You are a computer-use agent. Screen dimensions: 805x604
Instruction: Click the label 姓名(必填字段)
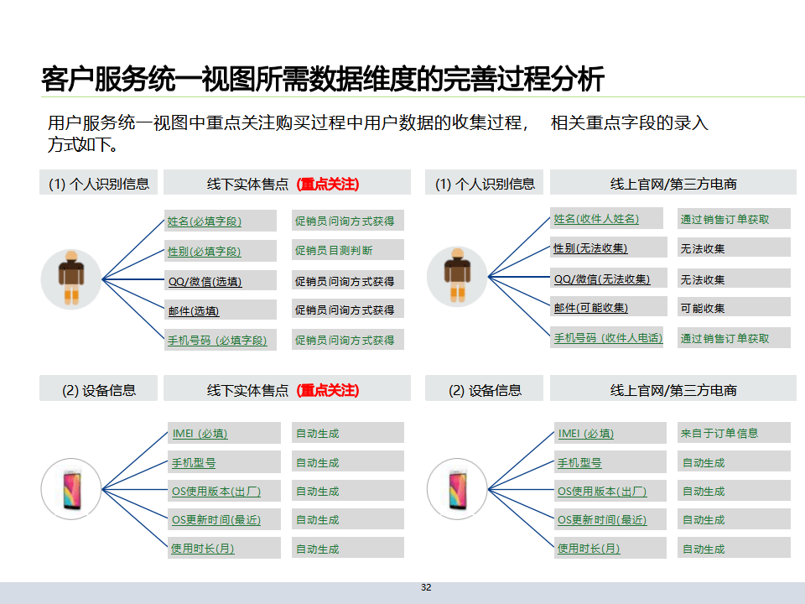tap(205, 221)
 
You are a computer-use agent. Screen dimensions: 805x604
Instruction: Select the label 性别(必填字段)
tap(205, 251)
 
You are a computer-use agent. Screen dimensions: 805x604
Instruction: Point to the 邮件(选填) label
tap(194, 310)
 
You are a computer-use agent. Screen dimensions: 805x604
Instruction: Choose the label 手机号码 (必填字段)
tap(217, 341)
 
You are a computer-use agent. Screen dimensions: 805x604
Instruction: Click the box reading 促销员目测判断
tap(334, 250)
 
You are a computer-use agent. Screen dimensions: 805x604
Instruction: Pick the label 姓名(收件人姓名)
tap(596, 219)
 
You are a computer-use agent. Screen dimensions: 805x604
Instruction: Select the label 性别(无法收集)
tap(590, 248)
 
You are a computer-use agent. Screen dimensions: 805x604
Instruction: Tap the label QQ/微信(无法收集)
tap(602, 279)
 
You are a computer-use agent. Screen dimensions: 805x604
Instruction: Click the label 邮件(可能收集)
tap(590, 308)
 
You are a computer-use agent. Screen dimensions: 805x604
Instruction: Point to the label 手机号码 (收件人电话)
tap(608, 338)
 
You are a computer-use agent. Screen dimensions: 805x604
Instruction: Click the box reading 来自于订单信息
tap(719, 433)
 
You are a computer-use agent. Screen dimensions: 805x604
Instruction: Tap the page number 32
tap(426, 587)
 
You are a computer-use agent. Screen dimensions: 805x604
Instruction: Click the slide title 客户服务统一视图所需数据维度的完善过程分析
tap(323, 79)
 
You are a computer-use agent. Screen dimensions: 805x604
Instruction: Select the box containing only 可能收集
tap(703, 308)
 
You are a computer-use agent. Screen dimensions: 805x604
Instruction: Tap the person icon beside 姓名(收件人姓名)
tap(457, 276)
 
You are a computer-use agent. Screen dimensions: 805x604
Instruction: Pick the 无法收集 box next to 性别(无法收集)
tap(703, 248)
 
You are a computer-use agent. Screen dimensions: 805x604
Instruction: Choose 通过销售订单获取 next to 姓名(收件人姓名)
tap(724, 220)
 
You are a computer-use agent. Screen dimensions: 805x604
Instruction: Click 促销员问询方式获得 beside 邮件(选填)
tap(344, 310)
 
